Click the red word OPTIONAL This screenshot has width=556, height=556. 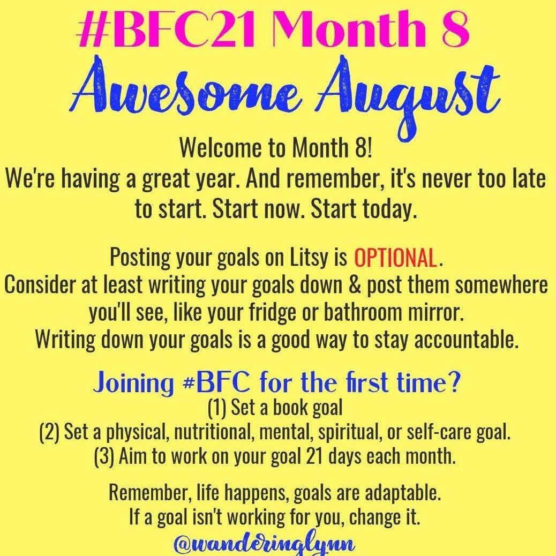tap(395, 258)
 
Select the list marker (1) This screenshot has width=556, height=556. tap(217, 408)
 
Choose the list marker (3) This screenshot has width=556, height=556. tap(104, 456)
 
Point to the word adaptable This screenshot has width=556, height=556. tap(403, 493)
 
